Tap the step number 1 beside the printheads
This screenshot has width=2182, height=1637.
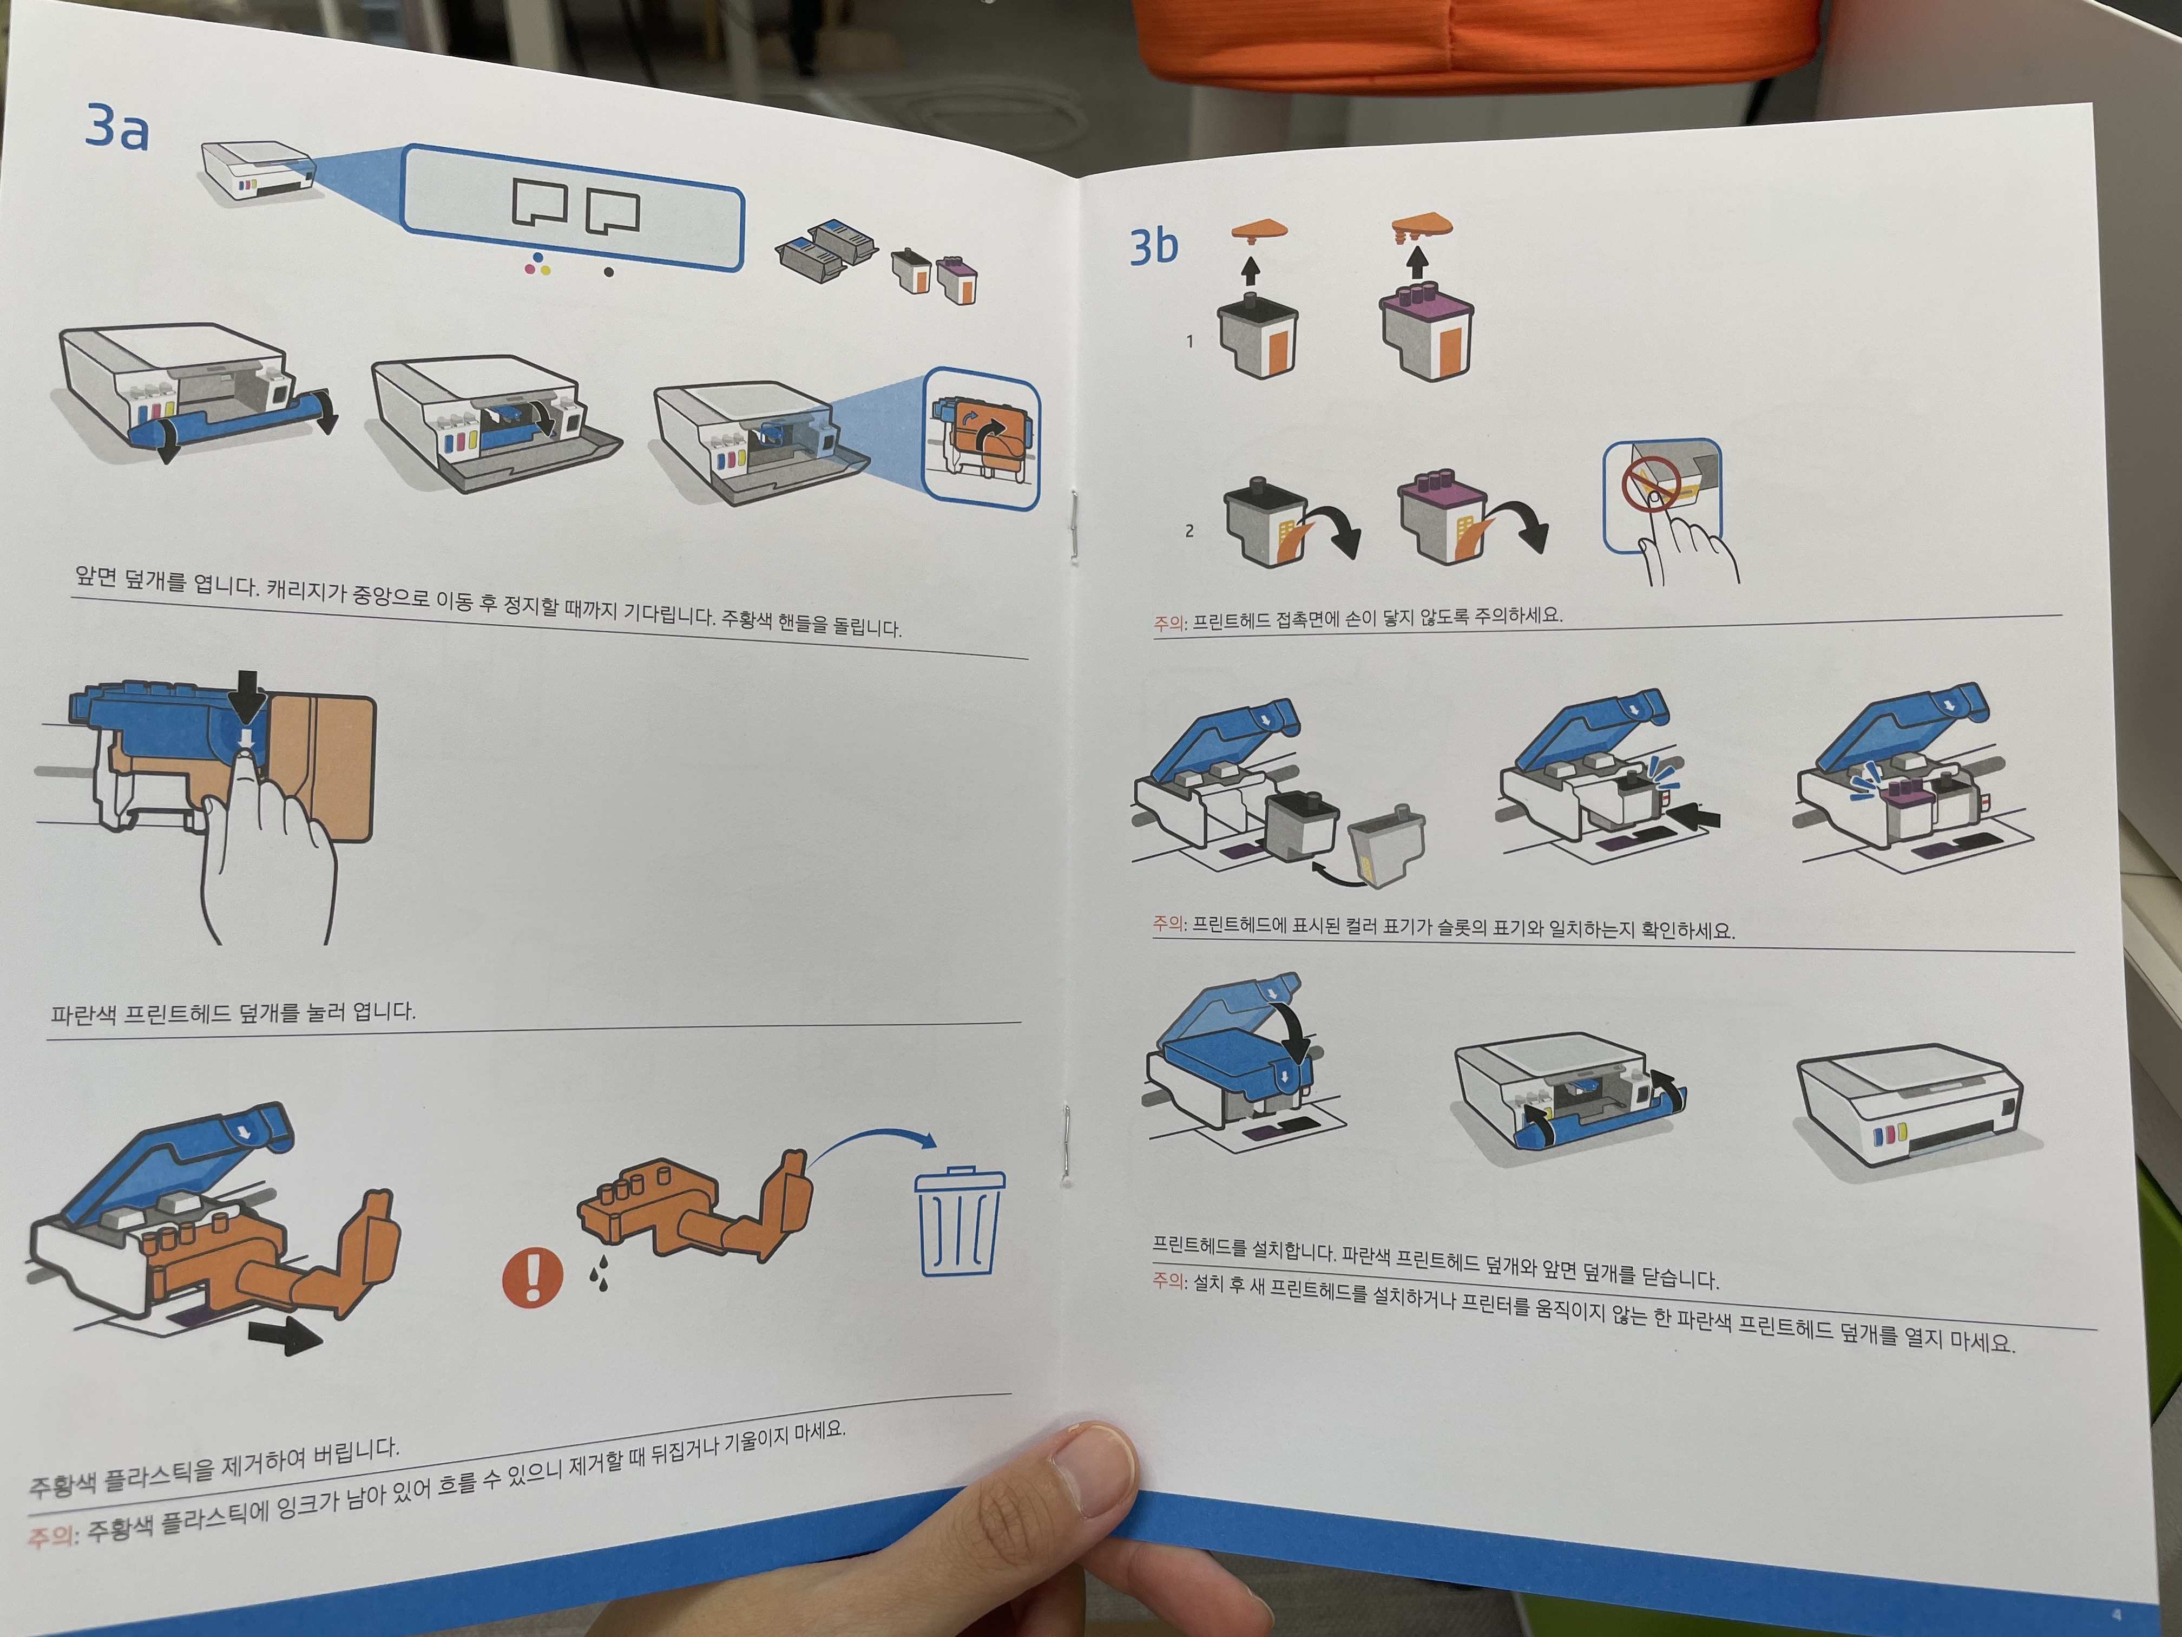(x=1189, y=342)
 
